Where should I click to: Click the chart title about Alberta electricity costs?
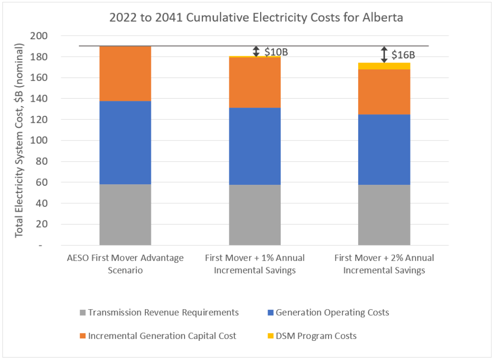pyautogui.click(x=256, y=18)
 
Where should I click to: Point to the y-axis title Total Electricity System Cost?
pyautogui.click(x=20, y=140)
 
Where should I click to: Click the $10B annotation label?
pyautogui.click(x=276, y=52)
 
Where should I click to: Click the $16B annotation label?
pyautogui.click(x=403, y=54)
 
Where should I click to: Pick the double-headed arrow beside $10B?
pyautogui.click(x=256, y=51)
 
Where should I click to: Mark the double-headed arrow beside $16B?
pyautogui.click(x=384, y=54)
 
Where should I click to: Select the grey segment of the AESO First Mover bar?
pyautogui.click(x=125, y=214)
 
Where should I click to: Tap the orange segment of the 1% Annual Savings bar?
pyautogui.click(x=255, y=83)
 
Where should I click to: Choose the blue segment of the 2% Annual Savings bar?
pyautogui.click(x=384, y=150)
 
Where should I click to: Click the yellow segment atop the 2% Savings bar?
pyautogui.click(x=384, y=66)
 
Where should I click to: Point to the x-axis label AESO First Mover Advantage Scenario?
pyautogui.click(x=125, y=264)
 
